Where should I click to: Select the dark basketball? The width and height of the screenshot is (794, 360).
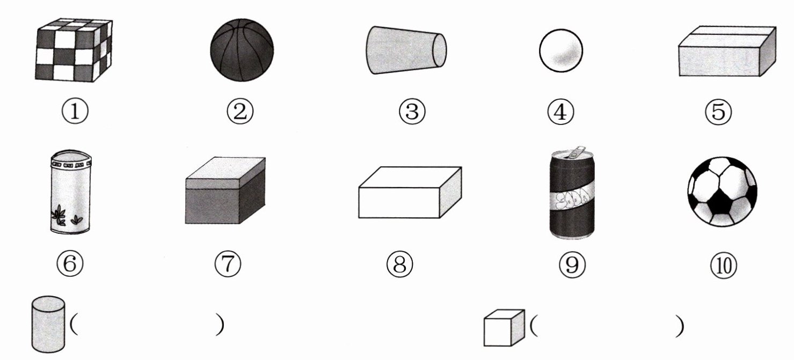click(242, 50)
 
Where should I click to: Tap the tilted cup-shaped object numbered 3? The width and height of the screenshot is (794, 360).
click(406, 50)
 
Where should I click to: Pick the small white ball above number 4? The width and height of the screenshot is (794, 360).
click(561, 50)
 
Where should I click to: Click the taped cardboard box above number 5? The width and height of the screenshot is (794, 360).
click(727, 52)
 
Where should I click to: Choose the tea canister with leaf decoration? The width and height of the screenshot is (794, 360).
click(71, 192)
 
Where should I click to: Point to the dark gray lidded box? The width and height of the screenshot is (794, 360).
click(225, 190)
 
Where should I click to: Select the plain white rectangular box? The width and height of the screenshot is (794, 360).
click(410, 193)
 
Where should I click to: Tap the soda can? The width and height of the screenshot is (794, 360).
click(572, 193)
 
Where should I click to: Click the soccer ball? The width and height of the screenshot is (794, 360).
click(722, 192)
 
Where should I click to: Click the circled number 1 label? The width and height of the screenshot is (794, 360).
click(75, 111)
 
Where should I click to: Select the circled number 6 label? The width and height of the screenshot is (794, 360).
click(70, 263)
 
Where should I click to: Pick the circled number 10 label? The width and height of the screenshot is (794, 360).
click(724, 266)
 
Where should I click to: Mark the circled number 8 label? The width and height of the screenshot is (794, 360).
click(399, 265)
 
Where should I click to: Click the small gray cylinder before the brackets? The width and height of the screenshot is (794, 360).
click(48, 324)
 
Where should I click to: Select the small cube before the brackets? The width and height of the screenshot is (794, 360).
click(504, 328)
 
